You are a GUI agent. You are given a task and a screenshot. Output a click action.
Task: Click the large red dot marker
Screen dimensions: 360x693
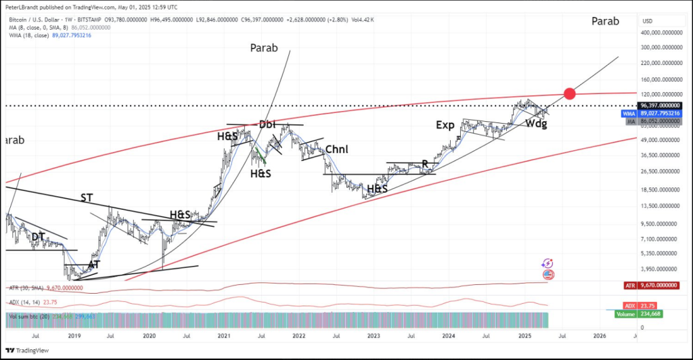tap(569, 93)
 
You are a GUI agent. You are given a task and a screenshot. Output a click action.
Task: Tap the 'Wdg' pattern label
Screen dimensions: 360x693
tap(537, 124)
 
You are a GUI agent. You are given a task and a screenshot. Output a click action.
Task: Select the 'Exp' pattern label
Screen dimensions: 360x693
tap(445, 125)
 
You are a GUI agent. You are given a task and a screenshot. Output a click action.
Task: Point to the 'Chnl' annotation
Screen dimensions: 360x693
tap(338, 149)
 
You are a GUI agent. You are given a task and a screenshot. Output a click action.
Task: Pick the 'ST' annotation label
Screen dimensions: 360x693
tap(87, 198)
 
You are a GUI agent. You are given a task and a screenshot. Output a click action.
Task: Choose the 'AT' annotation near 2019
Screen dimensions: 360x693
tap(95, 265)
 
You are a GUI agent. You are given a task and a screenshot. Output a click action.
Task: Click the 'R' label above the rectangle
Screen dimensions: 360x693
tap(425, 164)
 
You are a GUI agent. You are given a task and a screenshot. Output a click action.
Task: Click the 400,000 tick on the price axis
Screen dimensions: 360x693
tap(660, 32)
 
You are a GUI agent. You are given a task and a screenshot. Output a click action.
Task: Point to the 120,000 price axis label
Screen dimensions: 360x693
tap(660, 94)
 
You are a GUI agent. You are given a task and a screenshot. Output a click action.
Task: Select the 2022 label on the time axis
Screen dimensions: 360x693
tap(298, 335)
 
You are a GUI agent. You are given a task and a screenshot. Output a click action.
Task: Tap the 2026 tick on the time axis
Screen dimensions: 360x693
tap(599, 335)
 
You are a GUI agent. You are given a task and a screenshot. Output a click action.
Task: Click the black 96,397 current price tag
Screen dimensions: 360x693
tap(660, 106)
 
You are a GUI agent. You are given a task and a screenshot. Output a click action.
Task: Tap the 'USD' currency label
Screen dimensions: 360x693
tap(648, 21)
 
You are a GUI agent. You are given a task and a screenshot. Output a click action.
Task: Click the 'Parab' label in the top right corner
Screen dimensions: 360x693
tap(605, 21)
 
